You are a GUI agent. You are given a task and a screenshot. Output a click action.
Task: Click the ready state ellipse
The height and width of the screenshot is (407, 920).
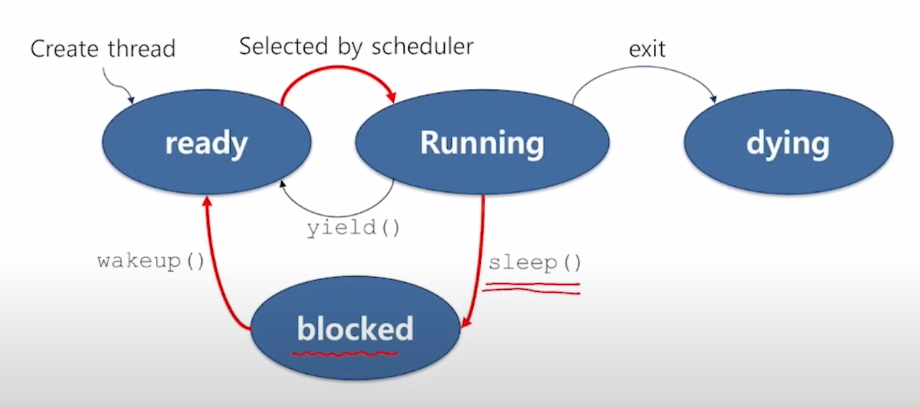[x=206, y=143]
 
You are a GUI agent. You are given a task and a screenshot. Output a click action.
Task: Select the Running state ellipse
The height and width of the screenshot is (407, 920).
[x=482, y=142]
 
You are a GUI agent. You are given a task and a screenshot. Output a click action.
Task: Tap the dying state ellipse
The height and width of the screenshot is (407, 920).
[x=788, y=143]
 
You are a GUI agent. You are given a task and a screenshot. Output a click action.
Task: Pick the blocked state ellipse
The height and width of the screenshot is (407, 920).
[x=355, y=329]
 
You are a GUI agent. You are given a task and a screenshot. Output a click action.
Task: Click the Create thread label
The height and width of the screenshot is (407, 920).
[x=102, y=49]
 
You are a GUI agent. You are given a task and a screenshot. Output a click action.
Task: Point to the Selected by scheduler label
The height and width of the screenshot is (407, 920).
[x=356, y=47]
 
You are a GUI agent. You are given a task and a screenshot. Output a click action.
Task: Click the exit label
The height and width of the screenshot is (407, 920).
[x=647, y=49]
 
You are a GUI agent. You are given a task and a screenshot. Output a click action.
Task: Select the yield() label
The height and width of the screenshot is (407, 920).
[x=353, y=229]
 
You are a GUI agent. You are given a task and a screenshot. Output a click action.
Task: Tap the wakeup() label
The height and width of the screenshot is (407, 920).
[x=151, y=260]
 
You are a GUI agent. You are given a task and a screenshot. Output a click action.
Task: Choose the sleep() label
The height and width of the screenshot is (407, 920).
[x=535, y=262]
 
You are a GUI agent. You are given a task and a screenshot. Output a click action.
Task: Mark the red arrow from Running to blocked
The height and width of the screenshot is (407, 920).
[x=479, y=266]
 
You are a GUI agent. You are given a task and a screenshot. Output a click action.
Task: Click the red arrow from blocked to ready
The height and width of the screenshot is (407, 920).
[x=216, y=273]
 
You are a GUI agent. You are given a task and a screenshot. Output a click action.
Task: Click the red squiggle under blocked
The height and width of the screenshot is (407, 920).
[x=345, y=353]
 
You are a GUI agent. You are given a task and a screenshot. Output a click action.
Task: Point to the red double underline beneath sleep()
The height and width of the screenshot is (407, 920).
[x=532, y=288]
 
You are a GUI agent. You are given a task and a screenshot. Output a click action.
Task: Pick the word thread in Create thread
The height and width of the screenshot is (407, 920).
[x=141, y=49]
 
